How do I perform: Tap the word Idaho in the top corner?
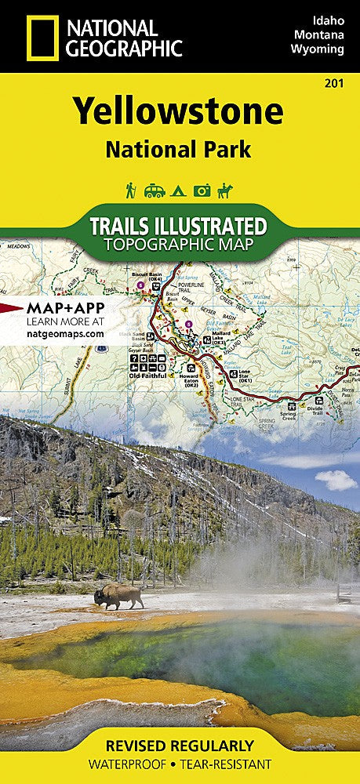329,18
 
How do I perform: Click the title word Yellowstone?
179,112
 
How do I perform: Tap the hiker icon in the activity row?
131,190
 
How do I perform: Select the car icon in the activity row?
155,191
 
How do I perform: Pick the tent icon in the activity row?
179,191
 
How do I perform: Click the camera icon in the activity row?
203,191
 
